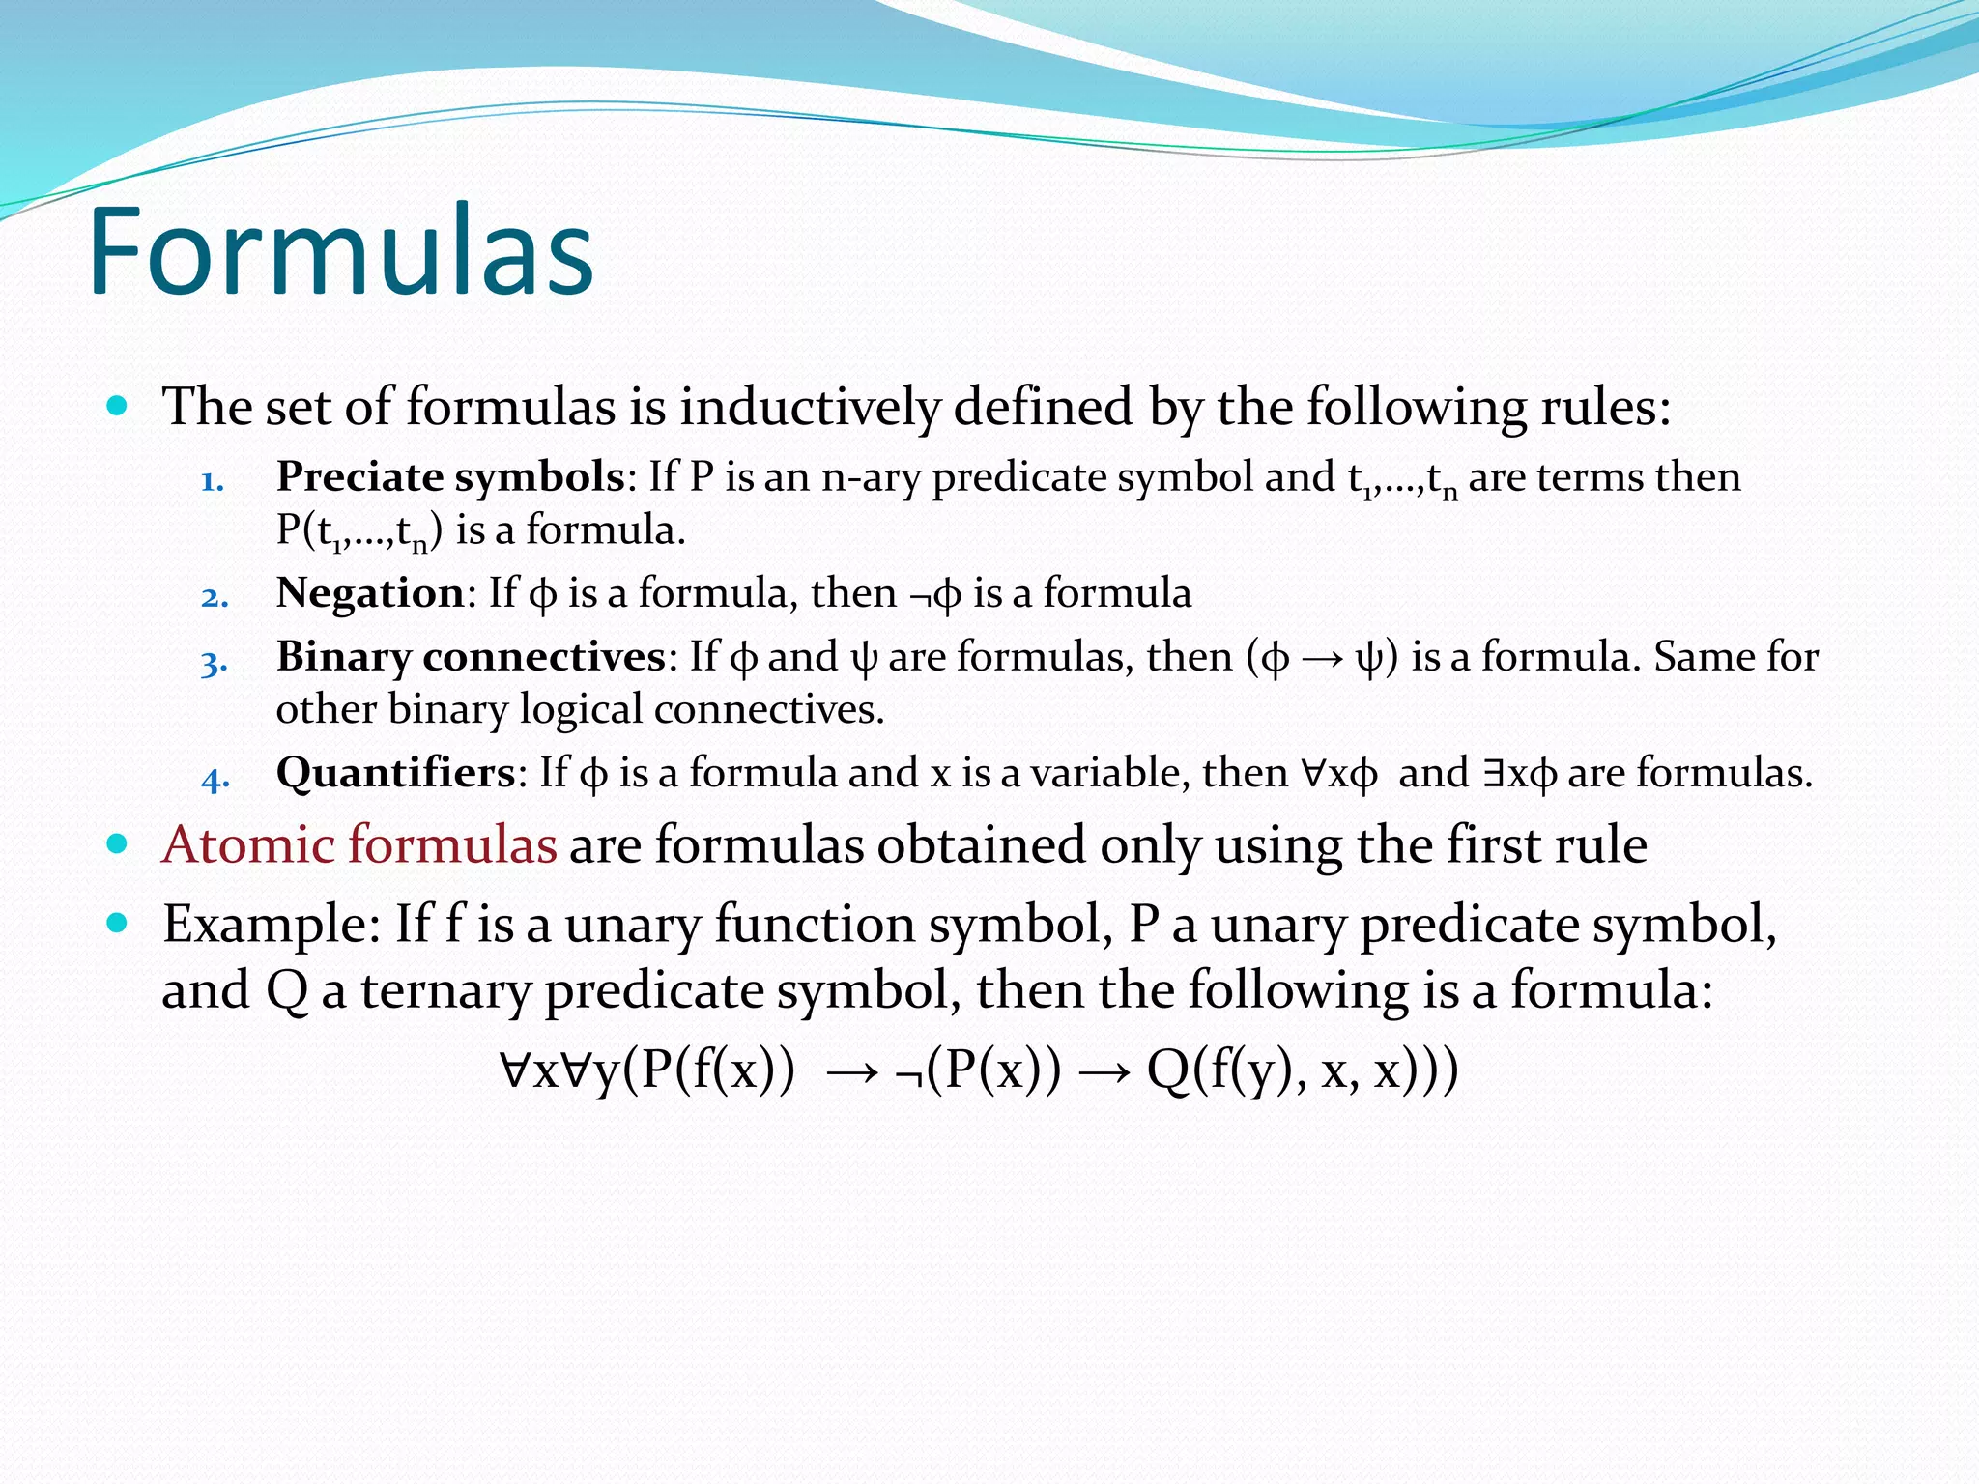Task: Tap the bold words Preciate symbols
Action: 450,477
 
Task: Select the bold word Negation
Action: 370,592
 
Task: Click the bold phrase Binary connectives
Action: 471,657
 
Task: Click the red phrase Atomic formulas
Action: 359,844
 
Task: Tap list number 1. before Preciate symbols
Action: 213,481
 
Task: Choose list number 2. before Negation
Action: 215,597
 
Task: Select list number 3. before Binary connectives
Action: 215,663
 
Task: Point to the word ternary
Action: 446,991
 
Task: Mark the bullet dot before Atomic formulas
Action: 118,844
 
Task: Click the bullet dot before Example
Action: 118,924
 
